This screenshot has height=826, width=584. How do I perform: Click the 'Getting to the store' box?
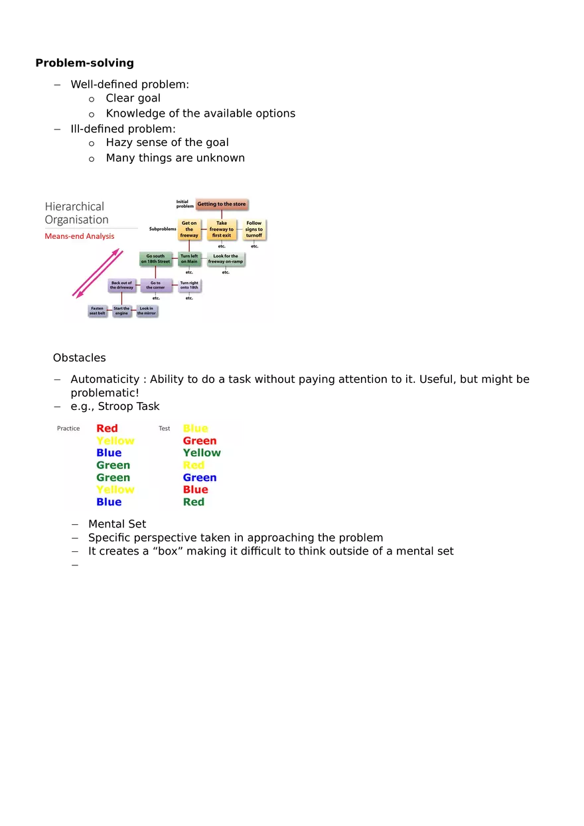[222, 204]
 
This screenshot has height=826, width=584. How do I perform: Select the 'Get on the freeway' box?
[189, 230]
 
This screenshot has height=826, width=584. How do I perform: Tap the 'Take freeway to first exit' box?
[222, 230]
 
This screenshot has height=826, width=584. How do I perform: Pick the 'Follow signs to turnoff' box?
[254, 230]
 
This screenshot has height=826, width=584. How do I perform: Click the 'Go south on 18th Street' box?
[155, 259]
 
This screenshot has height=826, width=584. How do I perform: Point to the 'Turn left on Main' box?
[189, 259]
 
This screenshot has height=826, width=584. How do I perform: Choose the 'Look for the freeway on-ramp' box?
[226, 259]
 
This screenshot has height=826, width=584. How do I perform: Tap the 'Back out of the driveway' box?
[121, 285]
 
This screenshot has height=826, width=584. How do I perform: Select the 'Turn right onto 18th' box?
[189, 285]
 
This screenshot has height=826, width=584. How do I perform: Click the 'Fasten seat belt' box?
[98, 310]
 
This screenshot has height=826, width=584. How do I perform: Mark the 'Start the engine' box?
[121, 310]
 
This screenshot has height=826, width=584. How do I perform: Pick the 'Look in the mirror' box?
[147, 310]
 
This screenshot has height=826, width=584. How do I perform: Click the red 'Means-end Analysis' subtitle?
[80, 236]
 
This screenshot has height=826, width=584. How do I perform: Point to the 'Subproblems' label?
[163, 229]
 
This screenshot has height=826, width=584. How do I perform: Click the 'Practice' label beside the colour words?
[68, 429]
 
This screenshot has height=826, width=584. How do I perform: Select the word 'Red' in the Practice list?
[107, 429]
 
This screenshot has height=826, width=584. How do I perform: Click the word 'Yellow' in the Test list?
[202, 453]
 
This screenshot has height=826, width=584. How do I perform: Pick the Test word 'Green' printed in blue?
[200, 478]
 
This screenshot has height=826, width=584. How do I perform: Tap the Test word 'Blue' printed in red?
[195, 490]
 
